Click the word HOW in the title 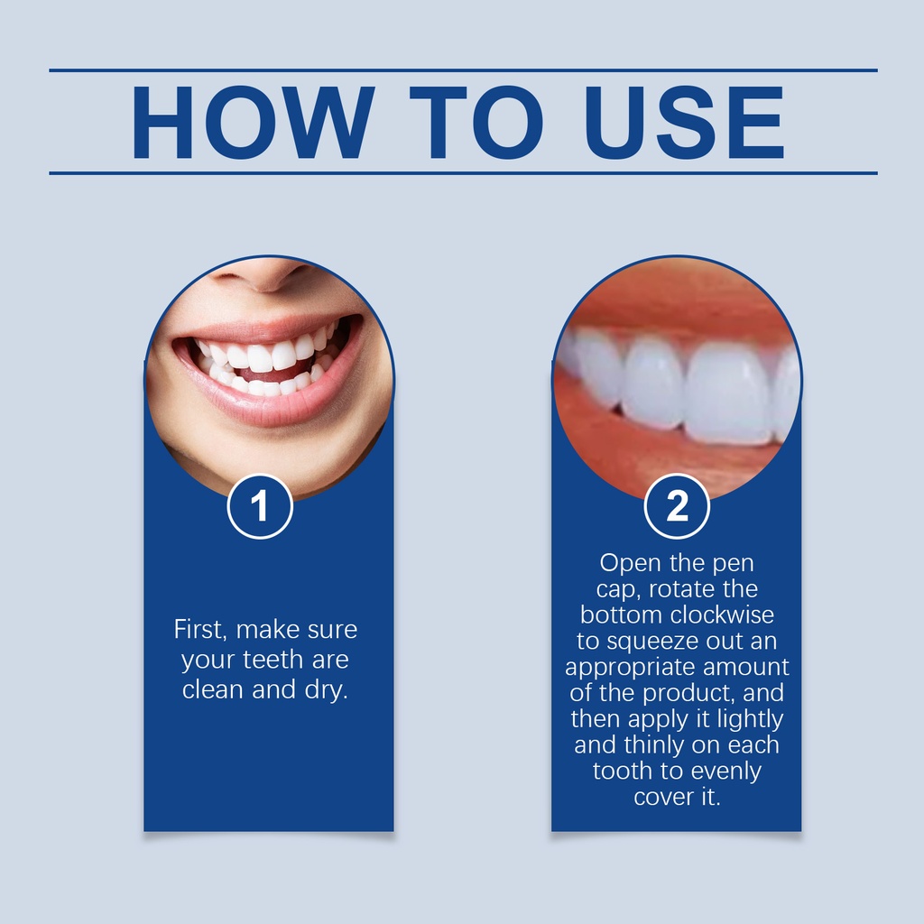pyautogui.click(x=253, y=122)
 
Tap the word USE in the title pyautogui.click(x=685, y=122)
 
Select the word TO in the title pyautogui.click(x=476, y=122)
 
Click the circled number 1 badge pyautogui.click(x=260, y=506)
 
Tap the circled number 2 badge pyautogui.click(x=677, y=506)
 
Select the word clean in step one pyautogui.click(x=213, y=689)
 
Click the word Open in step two pyautogui.click(x=630, y=564)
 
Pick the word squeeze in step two pyautogui.click(x=644, y=642)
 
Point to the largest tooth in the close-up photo pyautogui.click(x=729, y=392)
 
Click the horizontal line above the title pyautogui.click(x=463, y=70)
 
